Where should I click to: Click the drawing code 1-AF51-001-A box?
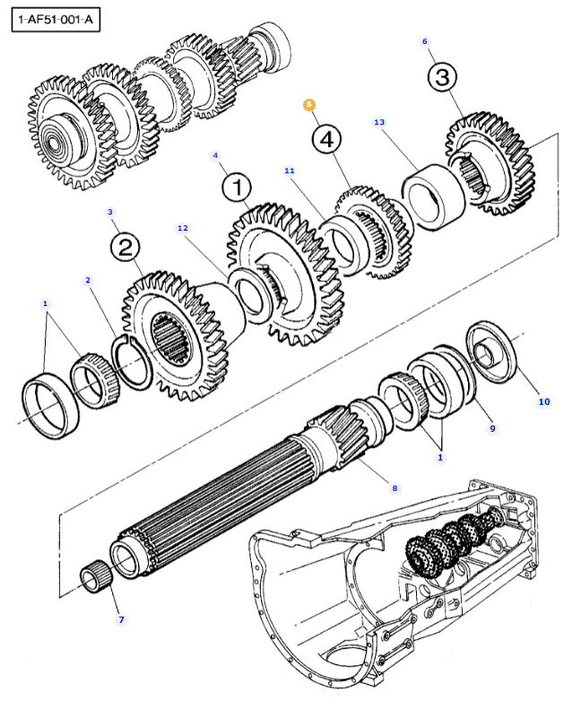coord(56,20)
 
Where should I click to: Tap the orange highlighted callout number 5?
coord(308,105)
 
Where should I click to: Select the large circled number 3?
coord(442,77)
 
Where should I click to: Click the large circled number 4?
coord(326,139)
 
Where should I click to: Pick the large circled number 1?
coord(238,187)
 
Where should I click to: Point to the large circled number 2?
coord(126,247)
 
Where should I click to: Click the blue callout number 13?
coord(379,122)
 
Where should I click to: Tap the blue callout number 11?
coord(290,171)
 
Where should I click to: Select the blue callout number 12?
coord(183,228)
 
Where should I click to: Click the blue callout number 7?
coord(121,620)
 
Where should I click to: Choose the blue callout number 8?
coord(395,488)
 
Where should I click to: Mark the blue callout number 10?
coord(544,401)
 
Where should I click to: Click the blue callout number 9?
coord(492,428)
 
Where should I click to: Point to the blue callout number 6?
coord(425,41)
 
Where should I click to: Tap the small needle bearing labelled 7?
coord(95,576)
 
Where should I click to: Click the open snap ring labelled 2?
coord(133,362)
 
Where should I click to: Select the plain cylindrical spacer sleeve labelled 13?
coord(434,197)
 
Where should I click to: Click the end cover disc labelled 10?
coord(492,352)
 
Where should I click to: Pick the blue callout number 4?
coord(215,156)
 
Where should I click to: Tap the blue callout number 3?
coord(110,212)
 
